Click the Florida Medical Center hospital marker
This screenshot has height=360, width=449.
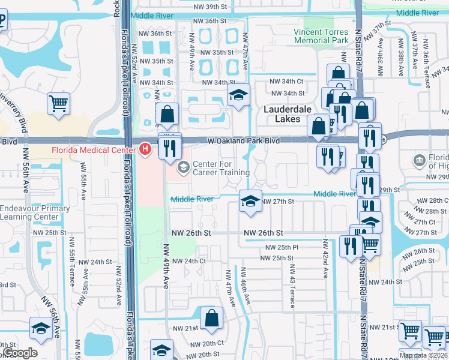point(145,149)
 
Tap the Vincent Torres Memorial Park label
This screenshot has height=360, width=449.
point(321,36)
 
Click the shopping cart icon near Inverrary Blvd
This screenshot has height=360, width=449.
point(59,103)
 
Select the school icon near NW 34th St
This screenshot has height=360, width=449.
point(238,95)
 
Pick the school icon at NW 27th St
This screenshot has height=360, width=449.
point(250,200)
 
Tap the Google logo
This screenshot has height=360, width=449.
point(20,352)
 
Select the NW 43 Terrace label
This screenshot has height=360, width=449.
point(292,287)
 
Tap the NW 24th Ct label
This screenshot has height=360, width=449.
point(189,261)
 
